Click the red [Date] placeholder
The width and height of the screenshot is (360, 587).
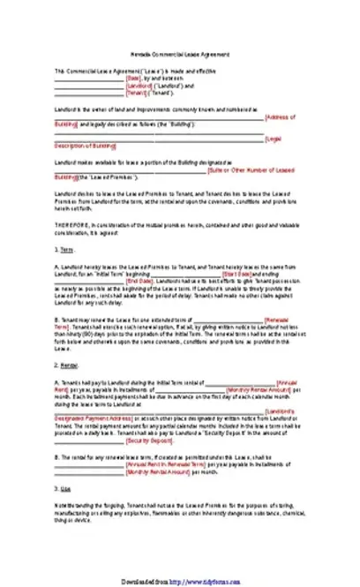click(x=134, y=78)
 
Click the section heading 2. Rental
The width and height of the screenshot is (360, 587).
click(x=67, y=364)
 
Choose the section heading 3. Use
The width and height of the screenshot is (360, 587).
click(x=63, y=488)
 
